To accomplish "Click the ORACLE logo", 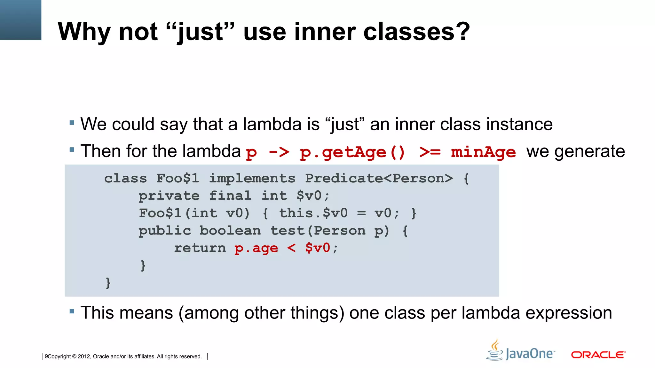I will (598, 355).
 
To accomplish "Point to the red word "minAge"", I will (483, 152).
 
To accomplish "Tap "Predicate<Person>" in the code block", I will (379, 178).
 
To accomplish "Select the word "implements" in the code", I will (252, 178).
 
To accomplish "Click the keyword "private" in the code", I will (169, 195).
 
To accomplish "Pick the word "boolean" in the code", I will (230, 230).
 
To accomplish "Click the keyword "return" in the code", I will (200, 248).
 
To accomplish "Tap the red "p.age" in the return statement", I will (256, 248).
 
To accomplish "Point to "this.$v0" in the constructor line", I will (313, 213).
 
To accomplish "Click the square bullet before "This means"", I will (72, 311).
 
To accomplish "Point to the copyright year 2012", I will (84, 356).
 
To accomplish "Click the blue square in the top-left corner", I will (20, 20).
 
